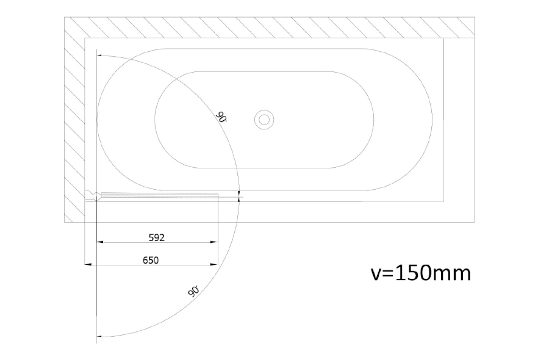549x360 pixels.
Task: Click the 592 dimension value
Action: pos(157,238)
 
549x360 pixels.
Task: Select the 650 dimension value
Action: pos(151,260)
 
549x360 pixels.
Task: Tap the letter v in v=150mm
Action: pos(375,274)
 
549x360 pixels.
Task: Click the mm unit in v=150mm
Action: pos(451,274)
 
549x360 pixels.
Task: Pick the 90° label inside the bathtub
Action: pos(221,117)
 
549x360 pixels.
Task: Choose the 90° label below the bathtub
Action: pos(193,292)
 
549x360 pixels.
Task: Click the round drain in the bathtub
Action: pos(264,120)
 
